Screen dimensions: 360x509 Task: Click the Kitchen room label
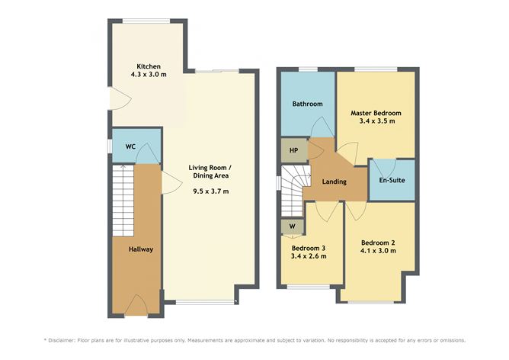148,66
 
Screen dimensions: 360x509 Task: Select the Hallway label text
141,249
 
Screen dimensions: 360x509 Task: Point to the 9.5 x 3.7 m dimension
210,191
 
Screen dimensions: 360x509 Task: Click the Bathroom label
307,104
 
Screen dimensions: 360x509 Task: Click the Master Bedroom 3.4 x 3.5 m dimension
376,121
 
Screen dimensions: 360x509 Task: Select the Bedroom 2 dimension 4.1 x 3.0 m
378,251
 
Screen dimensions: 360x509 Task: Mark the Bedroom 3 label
309,248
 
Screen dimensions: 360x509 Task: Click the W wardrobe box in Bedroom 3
292,227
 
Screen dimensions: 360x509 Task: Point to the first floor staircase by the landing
290,194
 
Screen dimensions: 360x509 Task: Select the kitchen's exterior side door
117,98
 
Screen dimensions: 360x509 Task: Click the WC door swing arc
147,155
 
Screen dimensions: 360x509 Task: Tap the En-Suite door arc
385,166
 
